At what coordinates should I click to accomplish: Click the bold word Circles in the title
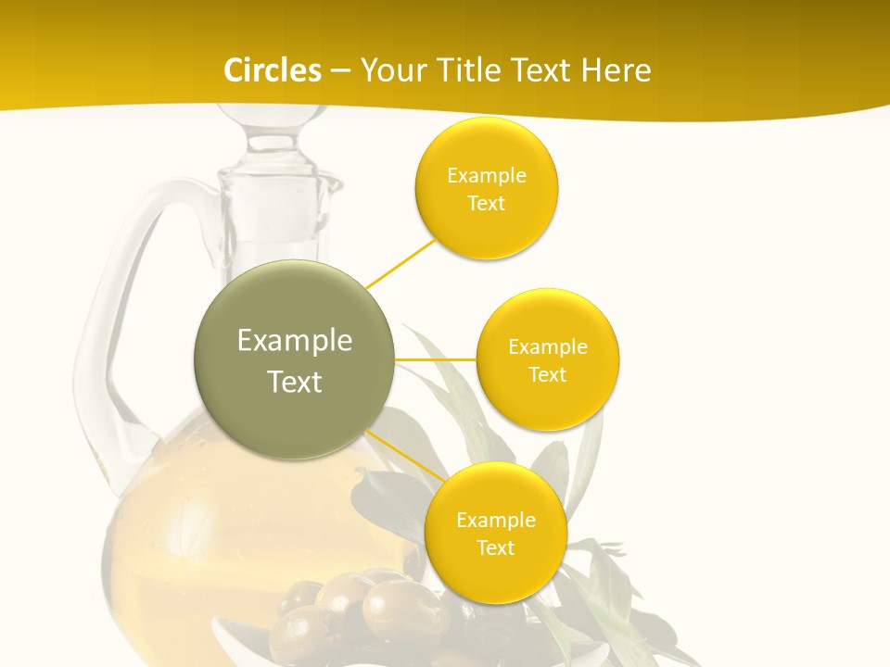pyautogui.click(x=272, y=70)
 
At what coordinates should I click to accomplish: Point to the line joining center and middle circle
pyautogui.click(x=435, y=359)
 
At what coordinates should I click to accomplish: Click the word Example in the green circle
pyautogui.click(x=295, y=341)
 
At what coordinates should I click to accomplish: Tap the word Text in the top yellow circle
pyautogui.click(x=486, y=203)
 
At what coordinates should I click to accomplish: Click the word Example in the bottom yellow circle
pyautogui.click(x=495, y=521)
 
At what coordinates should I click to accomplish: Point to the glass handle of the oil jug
pyautogui.click(x=97, y=343)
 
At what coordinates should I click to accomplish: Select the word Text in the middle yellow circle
pyautogui.click(x=547, y=374)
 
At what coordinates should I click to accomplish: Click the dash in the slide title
pyautogui.click(x=339, y=70)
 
